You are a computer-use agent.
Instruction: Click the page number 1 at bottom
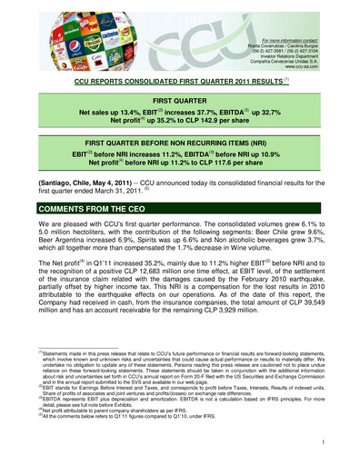[335, 444]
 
